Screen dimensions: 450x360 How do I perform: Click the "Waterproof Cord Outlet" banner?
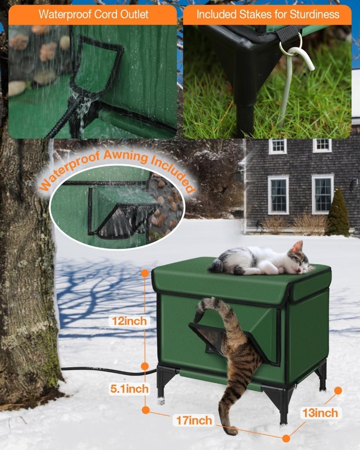click(93, 14)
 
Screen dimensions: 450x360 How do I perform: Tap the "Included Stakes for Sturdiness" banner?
click(267, 14)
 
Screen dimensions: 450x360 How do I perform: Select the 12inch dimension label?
click(130, 321)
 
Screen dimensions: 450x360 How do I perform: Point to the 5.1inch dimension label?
click(129, 388)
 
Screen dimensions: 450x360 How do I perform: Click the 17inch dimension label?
click(193, 421)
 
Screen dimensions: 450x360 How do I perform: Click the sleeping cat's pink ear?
click(297, 247)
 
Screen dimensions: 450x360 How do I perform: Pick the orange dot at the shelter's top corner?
click(145, 273)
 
